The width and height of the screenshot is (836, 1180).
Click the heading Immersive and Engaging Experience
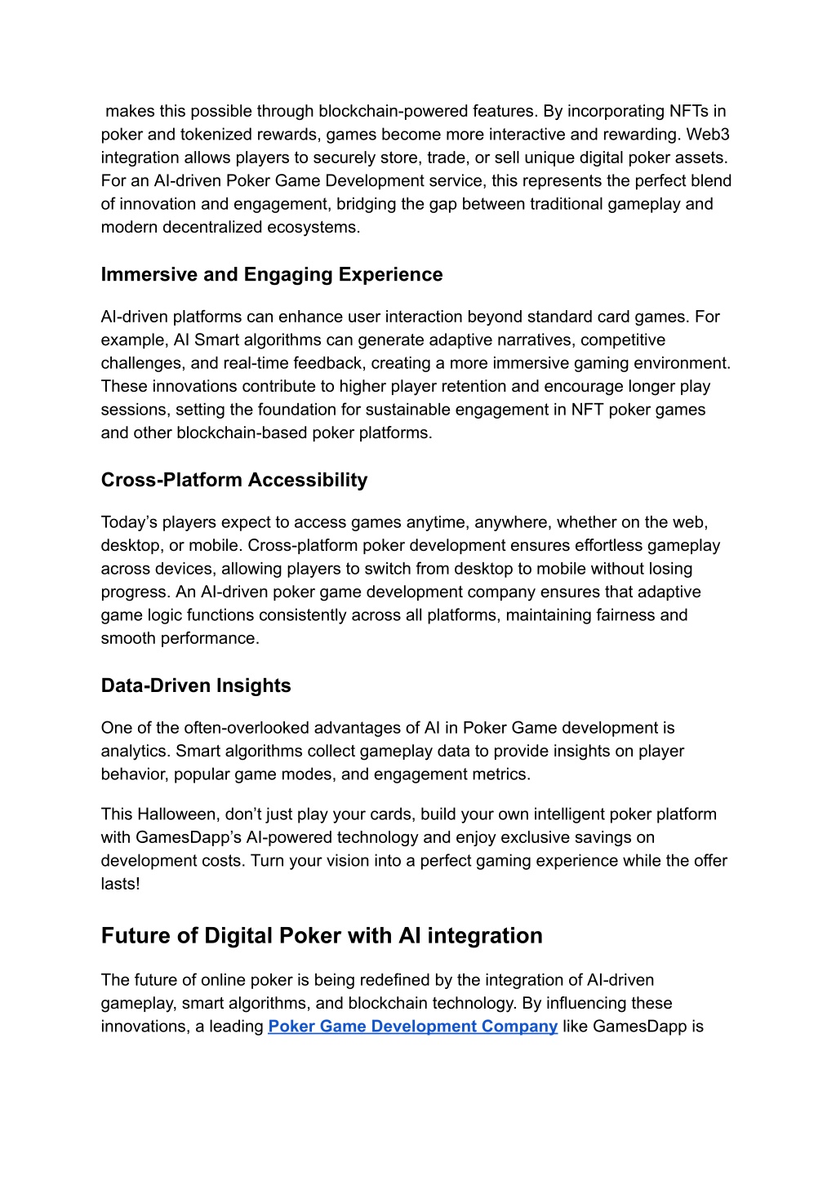pyautogui.click(x=272, y=274)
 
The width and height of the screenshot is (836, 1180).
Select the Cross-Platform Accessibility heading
pyautogui.click(x=234, y=480)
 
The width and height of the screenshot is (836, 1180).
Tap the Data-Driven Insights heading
pyautogui.click(x=196, y=685)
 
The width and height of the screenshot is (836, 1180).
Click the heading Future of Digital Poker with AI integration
pyautogui.click(x=322, y=935)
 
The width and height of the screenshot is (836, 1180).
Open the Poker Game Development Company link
pyautogui.click(x=412, y=1027)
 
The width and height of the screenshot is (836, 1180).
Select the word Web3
pyautogui.click(x=708, y=134)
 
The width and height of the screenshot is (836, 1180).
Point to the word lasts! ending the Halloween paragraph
pyautogui.click(x=121, y=884)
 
